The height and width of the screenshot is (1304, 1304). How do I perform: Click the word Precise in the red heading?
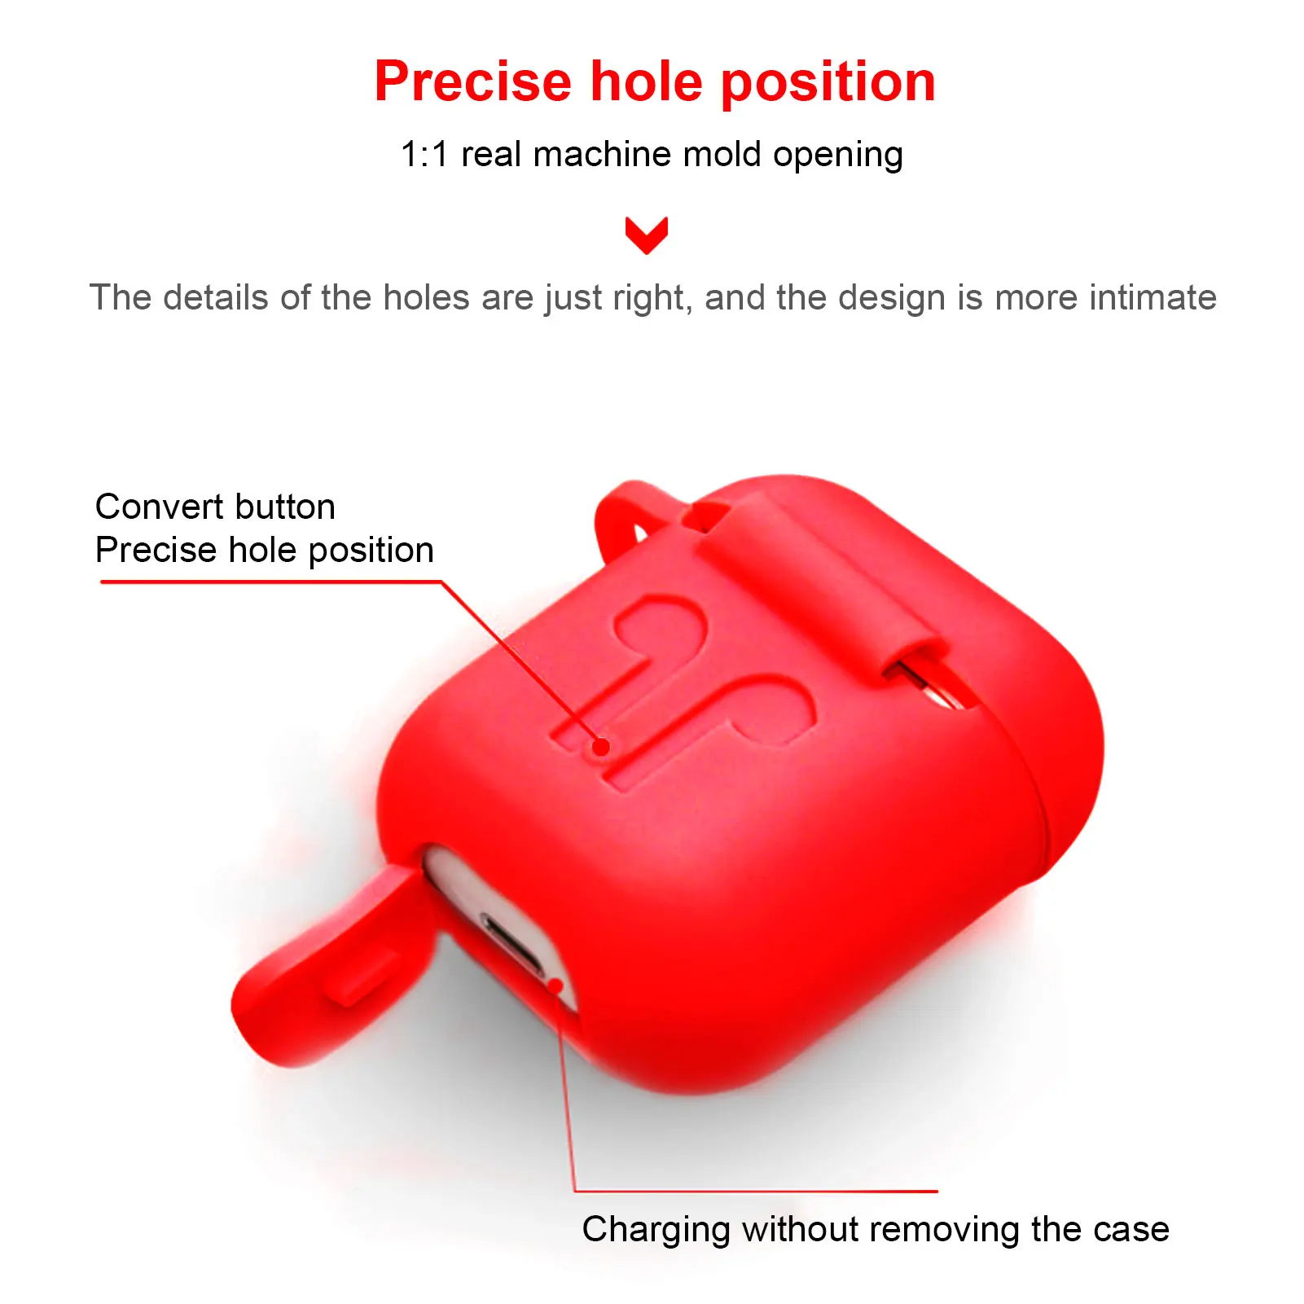click(473, 81)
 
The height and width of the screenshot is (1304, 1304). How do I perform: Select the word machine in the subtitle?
click(602, 154)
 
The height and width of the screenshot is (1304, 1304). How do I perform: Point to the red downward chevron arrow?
click(647, 235)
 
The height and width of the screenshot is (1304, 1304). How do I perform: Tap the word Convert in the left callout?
click(154, 507)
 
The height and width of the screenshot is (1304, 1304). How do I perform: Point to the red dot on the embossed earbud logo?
click(601, 746)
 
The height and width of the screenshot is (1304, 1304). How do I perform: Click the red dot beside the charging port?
click(557, 986)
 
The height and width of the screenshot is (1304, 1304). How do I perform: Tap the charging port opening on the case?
click(513, 945)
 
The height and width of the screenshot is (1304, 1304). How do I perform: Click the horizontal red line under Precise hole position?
click(270, 582)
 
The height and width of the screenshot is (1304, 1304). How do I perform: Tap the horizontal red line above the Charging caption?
click(756, 1191)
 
